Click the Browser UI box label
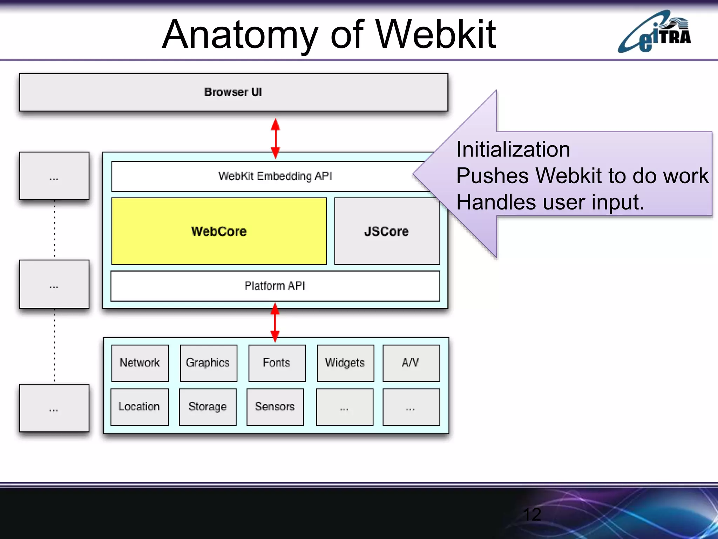point(233,92)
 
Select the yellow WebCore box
point(219,231)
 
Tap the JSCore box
point(387,231)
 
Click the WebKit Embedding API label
point(275,176)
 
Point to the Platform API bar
point(275,286)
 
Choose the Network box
point(140,363)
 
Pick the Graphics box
point(208,363)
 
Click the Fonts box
point(277,363)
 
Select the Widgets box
point(345,363)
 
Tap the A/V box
point(411,363)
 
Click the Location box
point(139,407)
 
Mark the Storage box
point(208,407)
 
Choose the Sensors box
point(275,407)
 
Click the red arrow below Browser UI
point(276,138)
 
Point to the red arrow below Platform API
point(275,322)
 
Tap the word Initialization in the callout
point(513,149)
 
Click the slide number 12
point(532,515)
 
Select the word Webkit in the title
point(436,35)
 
